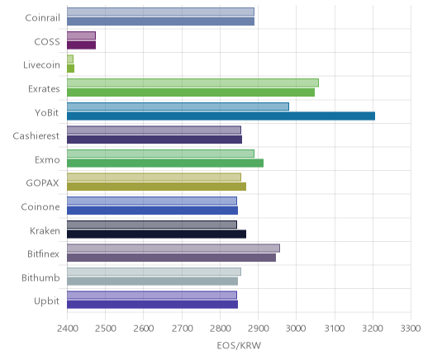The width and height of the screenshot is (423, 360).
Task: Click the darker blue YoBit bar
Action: coord(221,116)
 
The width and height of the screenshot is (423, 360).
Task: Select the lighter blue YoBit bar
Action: coord(178,107)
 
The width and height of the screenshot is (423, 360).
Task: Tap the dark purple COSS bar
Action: coord(81,45)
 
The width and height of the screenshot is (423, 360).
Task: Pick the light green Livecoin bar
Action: coord(70,59)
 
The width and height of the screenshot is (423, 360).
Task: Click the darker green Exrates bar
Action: coord(191,92)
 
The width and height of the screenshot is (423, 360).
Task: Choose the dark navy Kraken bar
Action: coord(156,234)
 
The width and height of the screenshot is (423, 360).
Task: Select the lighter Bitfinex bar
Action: coord(173,248)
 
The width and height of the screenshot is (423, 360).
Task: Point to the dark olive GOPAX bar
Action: coord(156,187)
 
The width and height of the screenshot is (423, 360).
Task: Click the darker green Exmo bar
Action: coord(165,163)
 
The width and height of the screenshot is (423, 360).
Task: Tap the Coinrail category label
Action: coord(42,17)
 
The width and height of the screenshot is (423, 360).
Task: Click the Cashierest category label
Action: coord(36,135)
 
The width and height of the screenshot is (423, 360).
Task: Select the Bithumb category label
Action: coord(40,277)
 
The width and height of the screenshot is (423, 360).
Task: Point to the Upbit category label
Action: coord(46,301)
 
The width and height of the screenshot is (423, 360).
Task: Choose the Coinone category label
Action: coord(40,206)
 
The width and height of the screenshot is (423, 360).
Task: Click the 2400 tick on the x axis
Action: coord(67,329)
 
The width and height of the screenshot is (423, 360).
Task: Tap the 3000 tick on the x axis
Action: coord(296,329)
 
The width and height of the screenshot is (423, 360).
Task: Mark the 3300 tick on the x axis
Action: coord(411,329)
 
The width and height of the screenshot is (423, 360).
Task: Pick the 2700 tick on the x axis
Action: coord(182,329)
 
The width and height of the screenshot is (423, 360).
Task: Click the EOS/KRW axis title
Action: coord(239,345)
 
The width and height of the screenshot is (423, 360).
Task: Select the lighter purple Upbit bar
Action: coord(152,295)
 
